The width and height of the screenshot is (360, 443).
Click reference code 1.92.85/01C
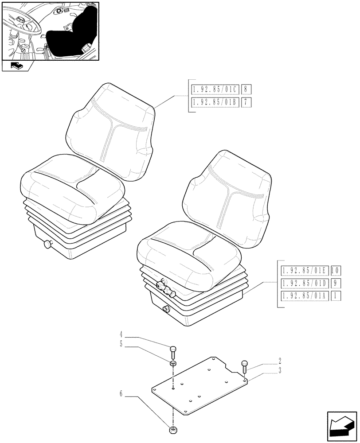tap(215, 89)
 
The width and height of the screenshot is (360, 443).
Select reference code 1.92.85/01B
tap(215, 103)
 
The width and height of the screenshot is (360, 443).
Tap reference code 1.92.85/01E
tap(304, 270)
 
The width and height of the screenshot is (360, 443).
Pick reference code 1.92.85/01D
tap(304, 283)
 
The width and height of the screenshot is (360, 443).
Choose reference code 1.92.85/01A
tap(304, 296)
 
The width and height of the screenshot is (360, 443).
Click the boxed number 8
tap(247, 89)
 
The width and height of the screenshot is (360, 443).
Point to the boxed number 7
tap(247, 103)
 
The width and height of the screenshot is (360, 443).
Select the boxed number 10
tap(336, 270)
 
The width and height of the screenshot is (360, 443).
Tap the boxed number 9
tap(336, 283)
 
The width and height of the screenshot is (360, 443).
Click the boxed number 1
tap(336, 296)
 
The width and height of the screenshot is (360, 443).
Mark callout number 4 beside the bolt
tap(121, 334)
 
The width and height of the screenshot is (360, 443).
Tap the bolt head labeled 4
tap(173, 348)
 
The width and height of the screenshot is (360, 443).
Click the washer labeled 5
tap(173, 363)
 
